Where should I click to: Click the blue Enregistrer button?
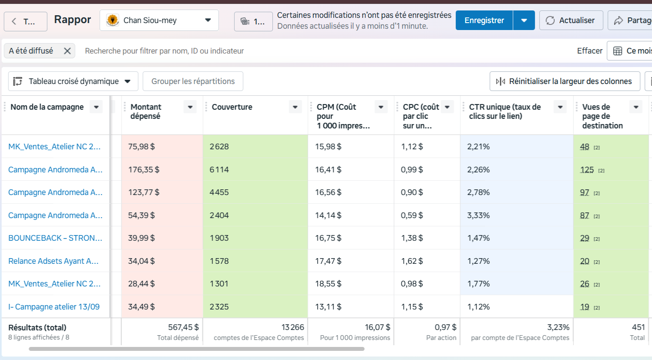click(x=484, y=20)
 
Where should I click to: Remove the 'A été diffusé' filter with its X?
click(x=67, y=51)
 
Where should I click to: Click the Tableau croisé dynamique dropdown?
click(x=74, y=81)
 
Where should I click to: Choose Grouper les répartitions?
click(x=193, y=81)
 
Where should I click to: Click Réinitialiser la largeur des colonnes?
click(x=565, y=81)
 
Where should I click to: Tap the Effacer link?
click(x=590, y=51)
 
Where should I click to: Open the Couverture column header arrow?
click(x=295, y=107)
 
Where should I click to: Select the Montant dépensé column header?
click(x=146, y=111)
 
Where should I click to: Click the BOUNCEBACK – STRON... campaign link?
click(x=55, y=238)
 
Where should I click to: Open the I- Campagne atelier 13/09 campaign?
click(x=54, y=307)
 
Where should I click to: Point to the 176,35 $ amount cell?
click(x=144, y=170)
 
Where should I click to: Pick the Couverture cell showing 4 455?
click(x=219, y=192)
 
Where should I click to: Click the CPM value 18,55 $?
click(x=328, y=284)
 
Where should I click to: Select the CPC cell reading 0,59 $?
click(x=412, y=215)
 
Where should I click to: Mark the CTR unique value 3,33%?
click(x=478, y=215)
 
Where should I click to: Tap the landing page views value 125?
click(x=587, y=170)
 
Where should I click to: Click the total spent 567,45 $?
click(x=183, y=327)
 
